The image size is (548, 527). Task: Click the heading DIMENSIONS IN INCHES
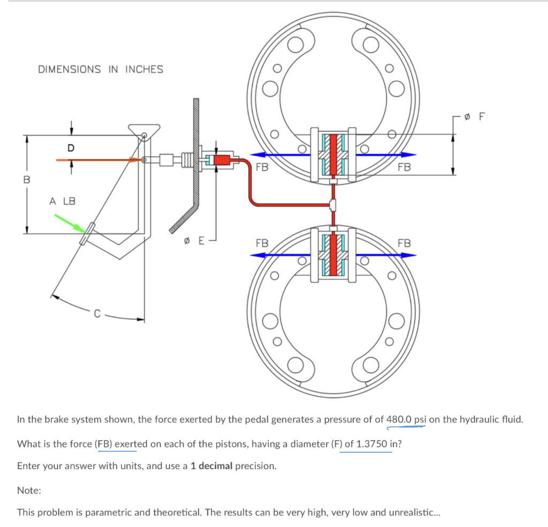tap(101, 69)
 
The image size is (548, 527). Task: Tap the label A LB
tap(63, 201)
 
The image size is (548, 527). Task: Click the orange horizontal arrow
tap(96, 159)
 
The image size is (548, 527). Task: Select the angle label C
tap(97, 314)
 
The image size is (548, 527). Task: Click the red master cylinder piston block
tap(221, 159)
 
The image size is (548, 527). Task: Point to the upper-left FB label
tap(262, 167)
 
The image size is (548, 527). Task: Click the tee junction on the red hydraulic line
tap(333, 204)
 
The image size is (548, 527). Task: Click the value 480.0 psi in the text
tap(406, 419)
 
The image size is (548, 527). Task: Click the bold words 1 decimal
tap(211, 465)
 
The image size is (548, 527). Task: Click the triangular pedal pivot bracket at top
tap(143, 130)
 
